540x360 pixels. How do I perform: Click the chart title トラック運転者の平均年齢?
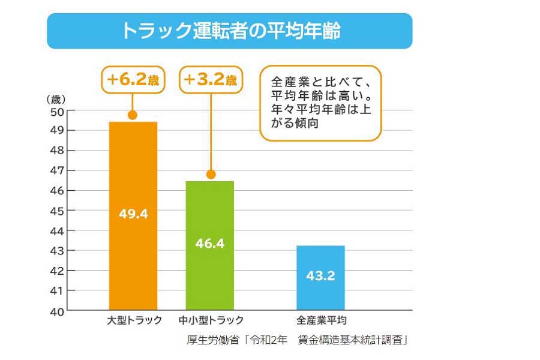[x=230, y=31]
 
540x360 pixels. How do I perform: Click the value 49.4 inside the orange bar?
[x=133, y=214]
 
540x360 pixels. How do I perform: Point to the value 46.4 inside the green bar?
[x=210, y=244]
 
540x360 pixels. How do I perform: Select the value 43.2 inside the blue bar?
[x=321, y=276]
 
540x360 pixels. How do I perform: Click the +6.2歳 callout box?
[x=133, y=80]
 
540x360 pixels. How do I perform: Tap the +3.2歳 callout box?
[x=211, y=80]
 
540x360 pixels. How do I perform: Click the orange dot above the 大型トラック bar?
[x=133, y=115]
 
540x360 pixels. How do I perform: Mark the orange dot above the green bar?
[x=211, y=174]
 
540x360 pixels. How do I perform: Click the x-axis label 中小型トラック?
[x=211, y=320]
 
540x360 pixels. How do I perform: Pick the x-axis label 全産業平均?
[x=322, y=320]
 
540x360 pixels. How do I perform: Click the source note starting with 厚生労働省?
[x=298, y=340]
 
